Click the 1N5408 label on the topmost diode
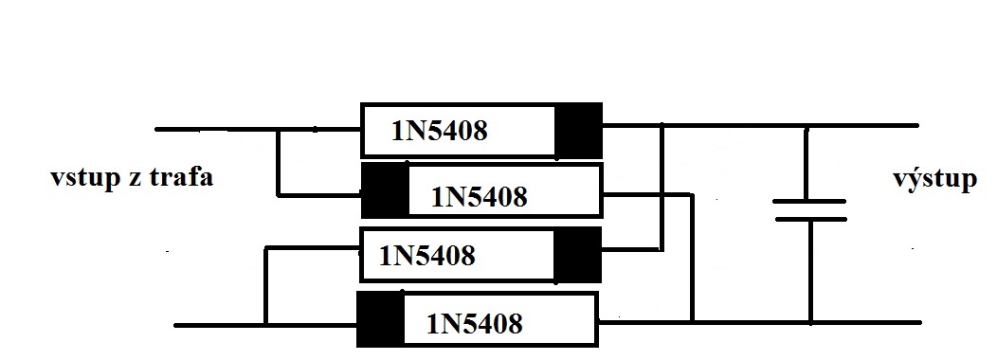coord(440,131)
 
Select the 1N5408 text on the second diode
coord(480,197)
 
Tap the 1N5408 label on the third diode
coord(426,256)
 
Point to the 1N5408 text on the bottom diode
coord(475,324)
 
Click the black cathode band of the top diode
coord(578,131)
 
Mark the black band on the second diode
coord(385,190)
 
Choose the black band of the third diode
coord(577,255)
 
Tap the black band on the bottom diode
coord(380,319)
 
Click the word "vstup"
coord(85,178)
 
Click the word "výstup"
coord(934,179)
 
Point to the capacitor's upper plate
coord(808,201)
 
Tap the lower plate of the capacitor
coord(810,220)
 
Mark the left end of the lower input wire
coord(176,325)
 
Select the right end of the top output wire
coord(916,126)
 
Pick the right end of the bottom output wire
coord(919,323)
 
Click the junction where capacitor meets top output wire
coord(807,126)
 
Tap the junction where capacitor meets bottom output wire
coord(810,323)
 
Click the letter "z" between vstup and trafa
coord(135,179)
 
